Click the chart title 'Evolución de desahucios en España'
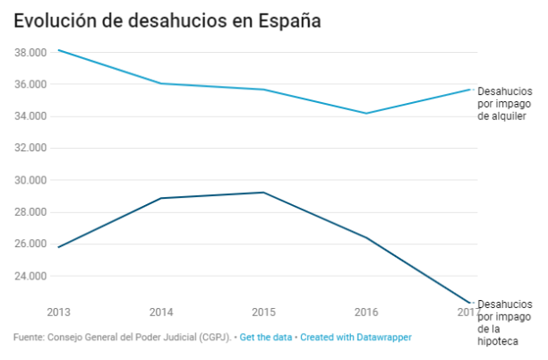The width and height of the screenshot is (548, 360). [167, 20]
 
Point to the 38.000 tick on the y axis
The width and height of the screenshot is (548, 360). [30, 53]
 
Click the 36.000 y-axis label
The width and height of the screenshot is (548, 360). [30, 84]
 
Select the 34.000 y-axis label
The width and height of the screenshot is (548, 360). [30, 116]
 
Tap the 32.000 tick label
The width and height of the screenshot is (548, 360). [30, 148]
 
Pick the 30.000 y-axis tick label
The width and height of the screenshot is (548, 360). [30, 180]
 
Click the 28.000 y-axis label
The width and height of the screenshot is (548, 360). [30, 212]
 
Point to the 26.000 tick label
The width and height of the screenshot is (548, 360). [30, 244]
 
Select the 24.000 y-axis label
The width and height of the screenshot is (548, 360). [30, 276]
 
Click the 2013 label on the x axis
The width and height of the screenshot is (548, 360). [58, 312]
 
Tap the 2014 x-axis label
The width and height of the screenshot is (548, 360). [161, 312]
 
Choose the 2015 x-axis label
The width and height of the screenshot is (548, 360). [264, 312]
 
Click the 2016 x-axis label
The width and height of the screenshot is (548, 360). [367, 312]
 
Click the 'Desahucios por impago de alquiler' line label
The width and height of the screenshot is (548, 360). [504, 104]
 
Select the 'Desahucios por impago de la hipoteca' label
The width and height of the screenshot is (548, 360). [504, 323]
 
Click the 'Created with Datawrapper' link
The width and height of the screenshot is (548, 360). [355, 338]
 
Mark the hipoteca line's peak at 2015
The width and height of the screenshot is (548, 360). [264, 193]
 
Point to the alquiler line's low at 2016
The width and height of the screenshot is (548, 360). [367, 113]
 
